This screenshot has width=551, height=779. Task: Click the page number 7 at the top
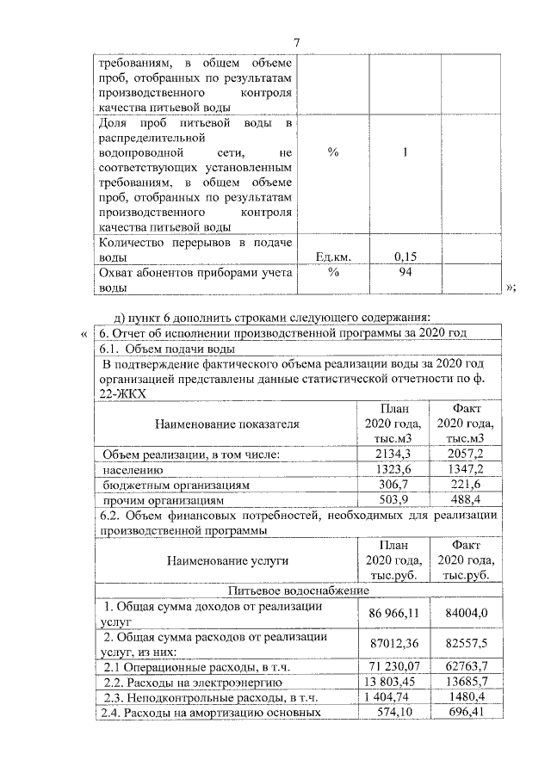(x=296, y=44)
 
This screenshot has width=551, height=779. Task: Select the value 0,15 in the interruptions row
(x=405, y=257)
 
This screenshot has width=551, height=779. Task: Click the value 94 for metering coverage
(x=404, y=272)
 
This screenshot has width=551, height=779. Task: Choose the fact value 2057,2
(x=466, y=454)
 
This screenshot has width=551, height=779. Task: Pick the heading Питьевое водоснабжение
(x=298, y=591)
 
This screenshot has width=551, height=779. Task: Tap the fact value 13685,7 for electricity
(x=466, y=682)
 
